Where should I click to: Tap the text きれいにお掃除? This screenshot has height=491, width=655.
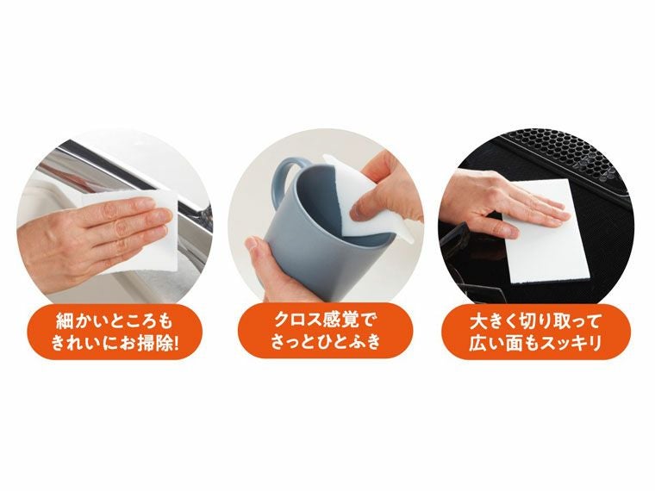pyautogui.click(x=115, y=343)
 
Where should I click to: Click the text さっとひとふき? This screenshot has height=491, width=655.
pyautogui.click(x=327, y=343)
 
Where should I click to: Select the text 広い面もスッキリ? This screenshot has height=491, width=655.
pyautogui.click(x=536, y=343)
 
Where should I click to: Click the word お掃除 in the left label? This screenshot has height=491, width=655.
pyautogui.click(x=147, y=343)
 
